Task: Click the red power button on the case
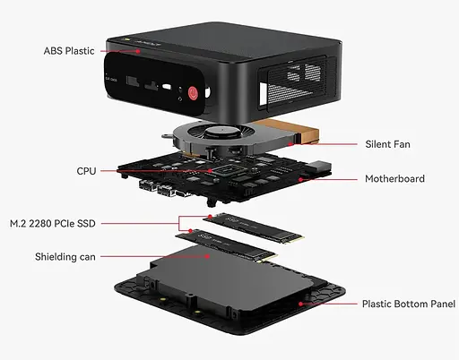192,91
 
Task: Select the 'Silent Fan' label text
388,142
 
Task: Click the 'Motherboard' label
394,178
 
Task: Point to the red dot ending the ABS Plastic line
139,51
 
